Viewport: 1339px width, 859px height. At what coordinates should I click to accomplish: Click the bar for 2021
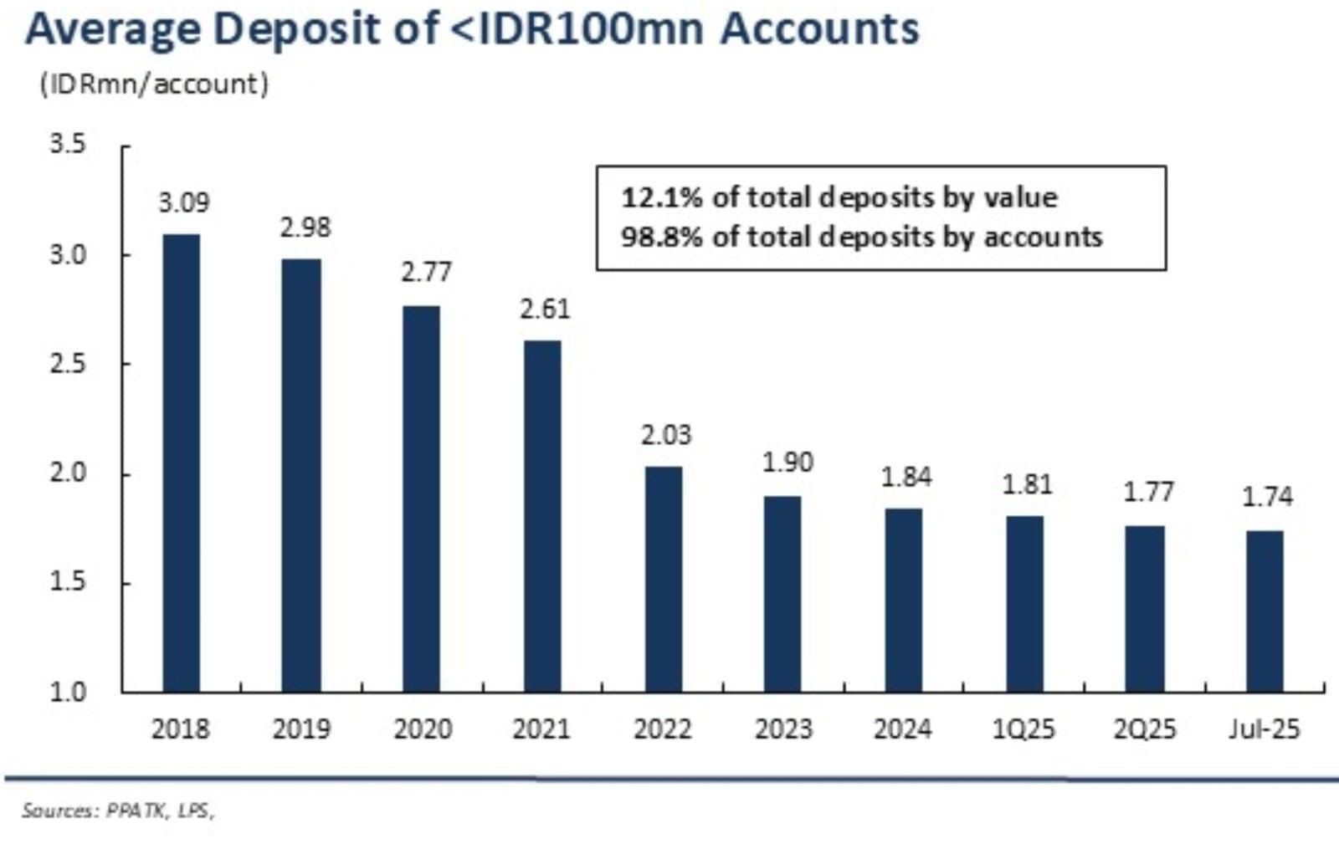click(x=542, y=516)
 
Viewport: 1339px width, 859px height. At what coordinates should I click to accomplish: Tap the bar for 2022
click(x=664, y=579)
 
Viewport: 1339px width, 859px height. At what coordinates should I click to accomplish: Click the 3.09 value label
click(x=184, y=202)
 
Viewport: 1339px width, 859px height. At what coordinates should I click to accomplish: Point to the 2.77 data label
click(x=426, y=273)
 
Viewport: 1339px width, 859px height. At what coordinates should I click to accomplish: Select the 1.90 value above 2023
click(x=787, y=462)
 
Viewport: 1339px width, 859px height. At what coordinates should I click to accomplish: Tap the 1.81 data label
click(x=1027, y=484)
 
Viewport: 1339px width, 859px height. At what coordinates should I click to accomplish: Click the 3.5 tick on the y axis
click(x=68, y=145)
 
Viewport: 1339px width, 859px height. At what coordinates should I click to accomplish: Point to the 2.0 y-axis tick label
click(x=68, y=473)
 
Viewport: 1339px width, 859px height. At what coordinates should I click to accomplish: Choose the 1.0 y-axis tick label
click(x=68, y=692)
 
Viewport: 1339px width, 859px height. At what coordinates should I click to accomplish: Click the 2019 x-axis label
click(x=301, y=729)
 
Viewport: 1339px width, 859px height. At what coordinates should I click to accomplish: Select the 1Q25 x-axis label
click(x=1023, y=729)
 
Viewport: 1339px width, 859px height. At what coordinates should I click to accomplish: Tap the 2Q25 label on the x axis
click(x=1144, y=729)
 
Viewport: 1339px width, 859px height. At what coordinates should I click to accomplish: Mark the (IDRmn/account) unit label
click(x=154, y=84)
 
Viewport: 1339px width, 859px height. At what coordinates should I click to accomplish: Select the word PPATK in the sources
click(x=136, y=810)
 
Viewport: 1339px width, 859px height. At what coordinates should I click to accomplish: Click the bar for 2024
click(x=904, y=600)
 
